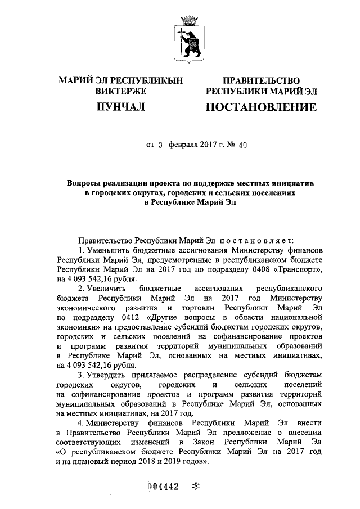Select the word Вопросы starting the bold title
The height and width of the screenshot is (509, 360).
tap(83, 184)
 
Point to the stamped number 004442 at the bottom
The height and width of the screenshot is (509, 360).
tap(163, 487)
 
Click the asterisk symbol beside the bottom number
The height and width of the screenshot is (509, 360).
tap(196, 487)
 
